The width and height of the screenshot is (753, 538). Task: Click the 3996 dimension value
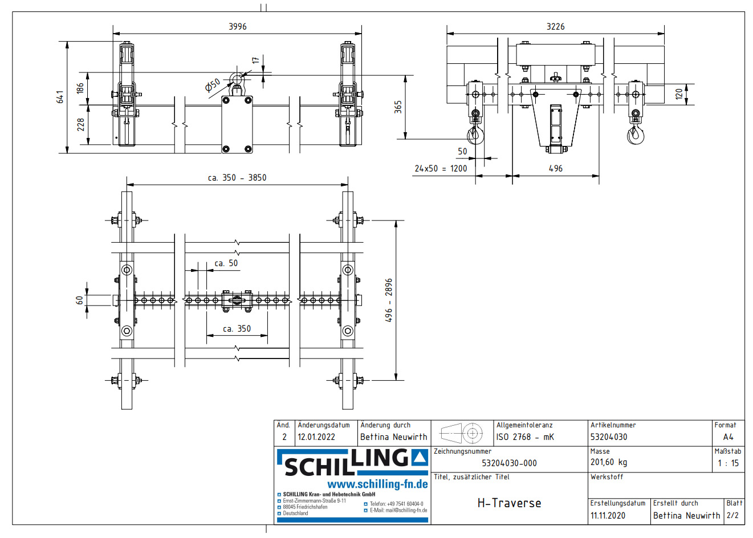[237, 27]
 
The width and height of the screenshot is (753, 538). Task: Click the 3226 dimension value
[555, 27]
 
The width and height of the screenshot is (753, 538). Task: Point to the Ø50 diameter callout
[213, 85]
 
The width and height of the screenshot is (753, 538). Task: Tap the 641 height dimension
[60, 97]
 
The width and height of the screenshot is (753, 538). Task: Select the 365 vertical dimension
[398, 107]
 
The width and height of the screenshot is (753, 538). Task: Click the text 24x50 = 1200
[441, 169]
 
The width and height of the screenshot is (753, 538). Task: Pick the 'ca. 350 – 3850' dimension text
[237, 178]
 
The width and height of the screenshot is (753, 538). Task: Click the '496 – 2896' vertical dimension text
[389, 300]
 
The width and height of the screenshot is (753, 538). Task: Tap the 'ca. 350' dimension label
[237, 329]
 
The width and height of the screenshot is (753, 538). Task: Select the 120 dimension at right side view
[679, 94]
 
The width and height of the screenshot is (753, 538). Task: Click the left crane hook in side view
[474, 135]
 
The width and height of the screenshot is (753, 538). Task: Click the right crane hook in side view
[635, 135]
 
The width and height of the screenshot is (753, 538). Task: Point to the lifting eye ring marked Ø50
[237, 78]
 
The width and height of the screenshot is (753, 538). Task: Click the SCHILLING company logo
[352, 463]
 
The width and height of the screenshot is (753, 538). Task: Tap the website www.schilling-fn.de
[377, 484]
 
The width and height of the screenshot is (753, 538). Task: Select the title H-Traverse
[509, 503]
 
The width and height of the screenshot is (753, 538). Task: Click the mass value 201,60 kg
[608, 462]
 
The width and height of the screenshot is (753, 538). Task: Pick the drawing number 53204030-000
[509, 463]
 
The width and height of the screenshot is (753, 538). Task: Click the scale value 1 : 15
[728, 463]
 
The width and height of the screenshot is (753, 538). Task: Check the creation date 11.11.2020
[608, 516]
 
